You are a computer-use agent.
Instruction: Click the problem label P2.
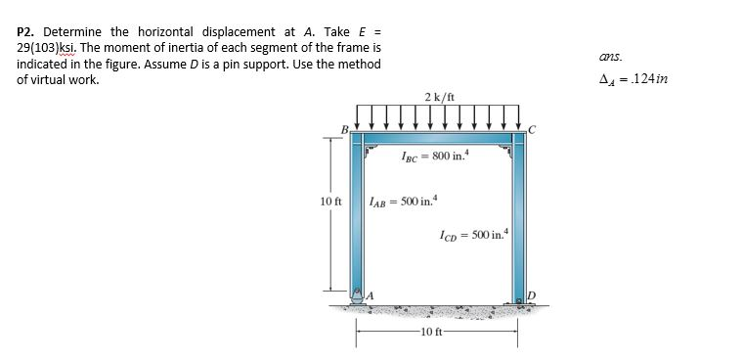coord(27,16)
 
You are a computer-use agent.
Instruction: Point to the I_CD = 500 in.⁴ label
coord(473,235)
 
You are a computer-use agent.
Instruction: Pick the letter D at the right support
coord(532,293)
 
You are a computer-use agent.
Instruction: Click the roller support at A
coord(360,297)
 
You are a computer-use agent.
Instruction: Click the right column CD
coord(516,215)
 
